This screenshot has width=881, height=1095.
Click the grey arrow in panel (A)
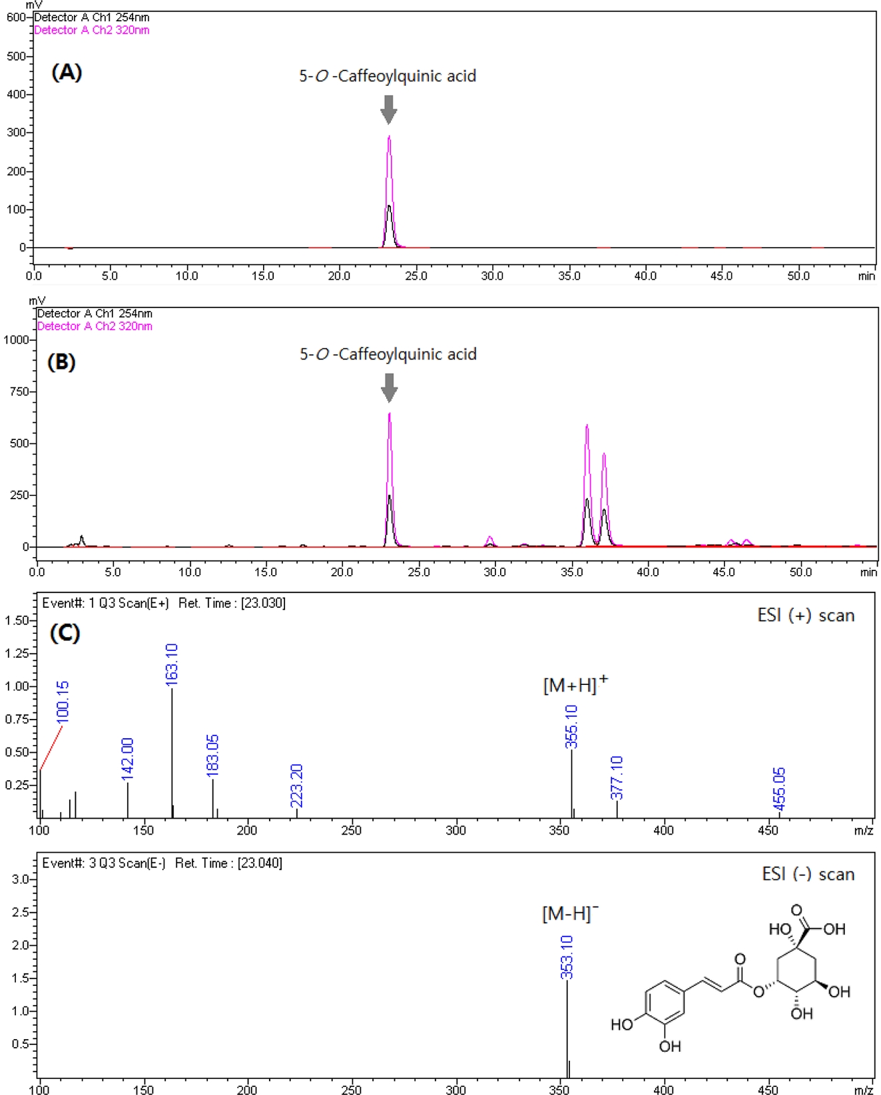point(389,109)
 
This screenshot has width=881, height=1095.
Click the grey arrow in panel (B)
point(390,387)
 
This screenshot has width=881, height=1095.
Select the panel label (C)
point(65,632)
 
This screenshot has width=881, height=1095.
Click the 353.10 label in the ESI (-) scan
point(567,957)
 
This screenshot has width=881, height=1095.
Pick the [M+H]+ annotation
point(575,684)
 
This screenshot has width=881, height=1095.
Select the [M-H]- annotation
point(570,913)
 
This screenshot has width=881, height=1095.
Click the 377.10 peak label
point(617,777)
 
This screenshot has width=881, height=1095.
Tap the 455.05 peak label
point(779,789)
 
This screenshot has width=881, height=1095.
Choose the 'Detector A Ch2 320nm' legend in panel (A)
point(91,30)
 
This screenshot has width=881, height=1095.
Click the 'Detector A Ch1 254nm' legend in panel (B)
point(95,314)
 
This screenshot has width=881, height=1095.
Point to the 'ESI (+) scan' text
point(806,615)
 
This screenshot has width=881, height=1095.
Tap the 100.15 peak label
point(63,702)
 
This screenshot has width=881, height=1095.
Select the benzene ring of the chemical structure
point(665,1000)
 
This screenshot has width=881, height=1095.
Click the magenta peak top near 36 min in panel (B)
point(587,426)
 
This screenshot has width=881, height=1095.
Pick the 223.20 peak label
point(297,785)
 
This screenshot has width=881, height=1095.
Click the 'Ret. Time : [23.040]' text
point(228,863)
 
